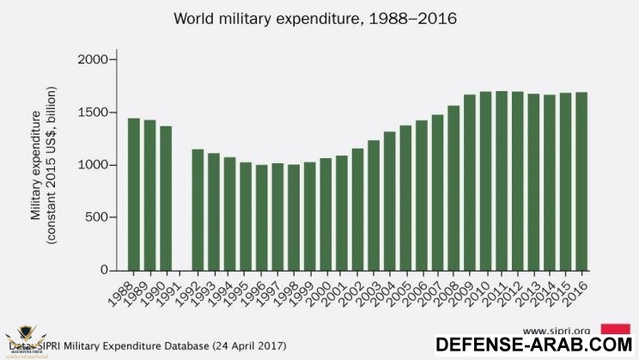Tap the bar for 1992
click(x=198, y=210)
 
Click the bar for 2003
click(x=374, y=205)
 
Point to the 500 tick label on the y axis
click(x=95, y=217)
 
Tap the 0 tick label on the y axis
click(x=103, y=271)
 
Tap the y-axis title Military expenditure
click(x=43, y=165)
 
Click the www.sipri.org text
click(x=554, y=330)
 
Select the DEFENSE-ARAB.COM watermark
click(x=534, y=345)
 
